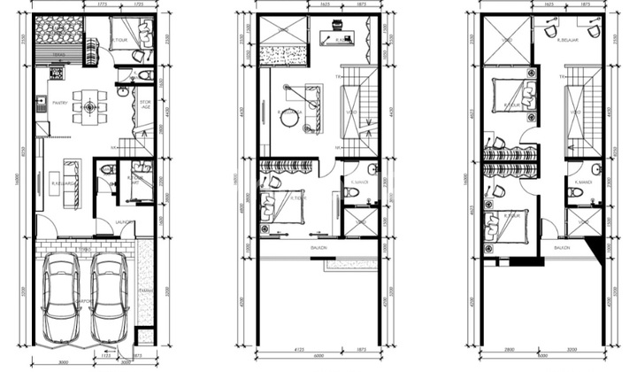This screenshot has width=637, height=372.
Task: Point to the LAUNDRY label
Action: [x=125, y=221]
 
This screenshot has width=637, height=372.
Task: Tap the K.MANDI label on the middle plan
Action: [x=357, y=182]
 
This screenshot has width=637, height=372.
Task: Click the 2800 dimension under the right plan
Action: [x=510, y=357]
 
